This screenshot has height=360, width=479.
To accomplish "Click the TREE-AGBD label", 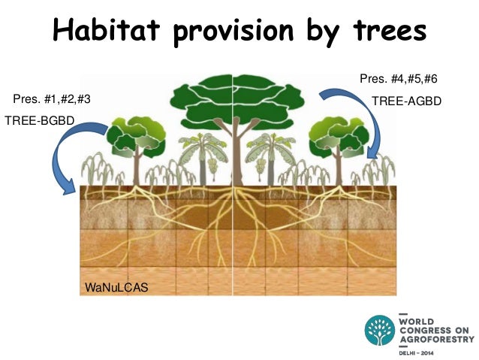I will pos(407,100).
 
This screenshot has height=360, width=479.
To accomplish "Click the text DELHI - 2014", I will pos(422,350).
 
